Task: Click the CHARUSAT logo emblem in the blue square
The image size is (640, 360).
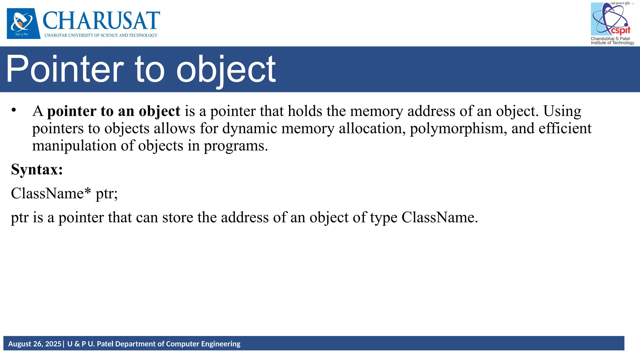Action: point(23,23)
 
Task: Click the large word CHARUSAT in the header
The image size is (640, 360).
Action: point(101,21)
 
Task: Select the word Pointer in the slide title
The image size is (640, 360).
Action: point(65,69)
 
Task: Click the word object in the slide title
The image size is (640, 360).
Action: point(226,69)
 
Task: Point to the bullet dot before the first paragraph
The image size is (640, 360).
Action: point(13,110)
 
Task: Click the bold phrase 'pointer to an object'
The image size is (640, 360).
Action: point(113,111)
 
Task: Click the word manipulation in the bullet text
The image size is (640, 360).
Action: point(74,146)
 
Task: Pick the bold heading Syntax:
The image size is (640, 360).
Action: point(37,169)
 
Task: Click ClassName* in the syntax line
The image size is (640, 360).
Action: point(51,193)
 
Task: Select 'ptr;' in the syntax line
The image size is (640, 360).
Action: point(107,194)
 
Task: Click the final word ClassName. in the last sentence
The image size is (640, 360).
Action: point(440,217)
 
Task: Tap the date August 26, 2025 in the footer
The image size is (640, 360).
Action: point(35,344)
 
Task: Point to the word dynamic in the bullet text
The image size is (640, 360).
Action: point(250,128)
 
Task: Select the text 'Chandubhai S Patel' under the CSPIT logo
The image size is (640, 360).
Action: point(610,39)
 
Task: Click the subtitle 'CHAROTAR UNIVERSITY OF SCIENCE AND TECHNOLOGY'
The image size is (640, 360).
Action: point(101,35)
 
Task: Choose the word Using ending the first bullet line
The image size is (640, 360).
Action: point(562,111)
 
